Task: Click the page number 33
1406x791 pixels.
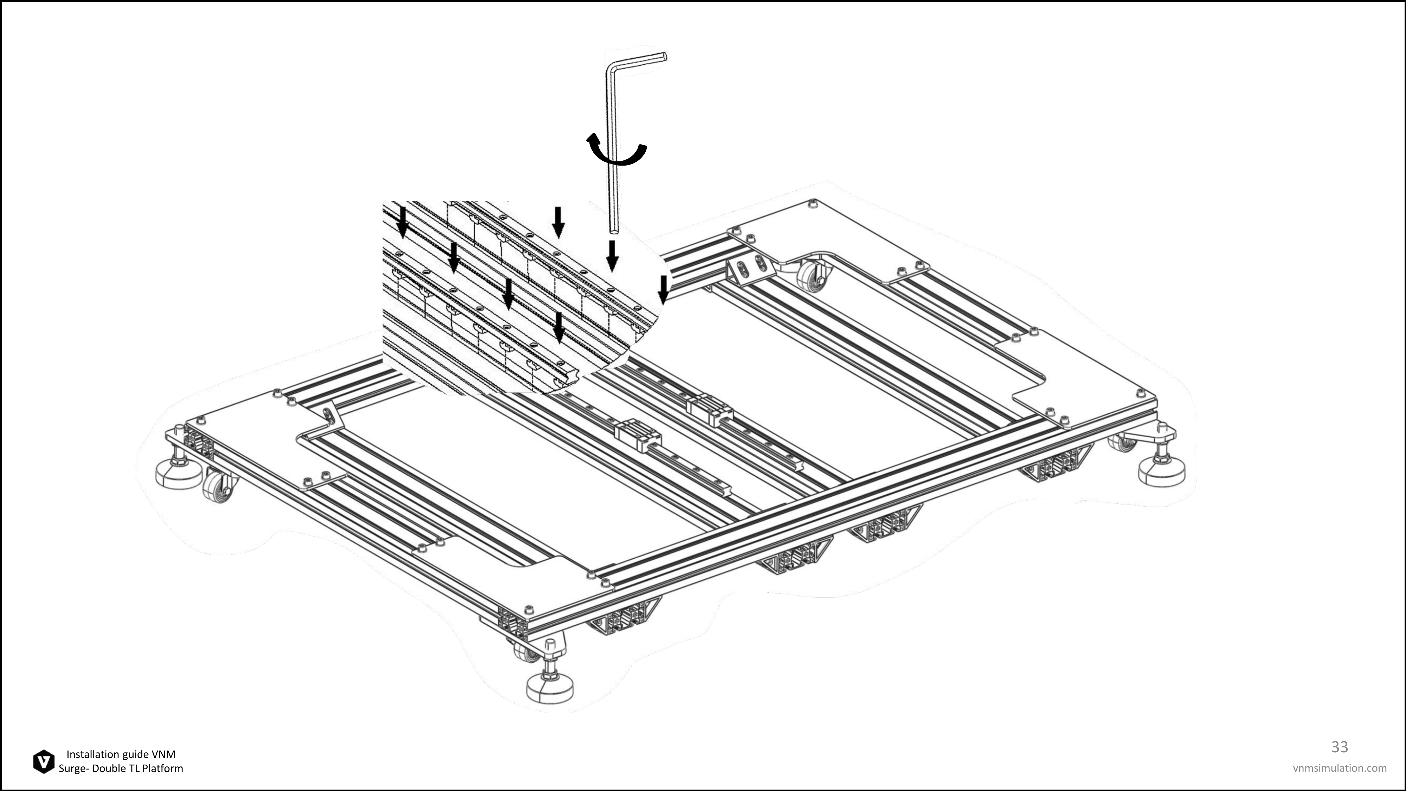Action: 1340,746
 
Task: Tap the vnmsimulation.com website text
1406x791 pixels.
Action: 1340,768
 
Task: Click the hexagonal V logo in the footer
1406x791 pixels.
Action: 44,761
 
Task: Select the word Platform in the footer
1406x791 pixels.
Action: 163,769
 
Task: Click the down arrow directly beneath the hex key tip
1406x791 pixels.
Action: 612,256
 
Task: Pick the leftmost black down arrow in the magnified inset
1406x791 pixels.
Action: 402,221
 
